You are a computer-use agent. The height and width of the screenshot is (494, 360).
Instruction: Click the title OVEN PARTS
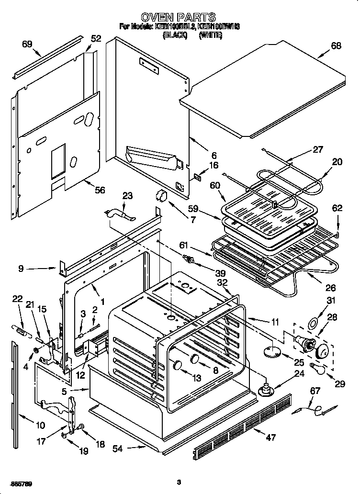click(178, 18)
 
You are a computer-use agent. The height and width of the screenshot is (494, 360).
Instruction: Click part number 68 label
click(336, 46)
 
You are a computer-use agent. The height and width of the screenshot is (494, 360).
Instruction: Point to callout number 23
click(127, 195)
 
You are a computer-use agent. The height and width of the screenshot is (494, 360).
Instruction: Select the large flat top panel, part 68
click(268, 86)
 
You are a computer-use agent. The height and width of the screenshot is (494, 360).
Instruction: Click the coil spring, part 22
click(20, 330)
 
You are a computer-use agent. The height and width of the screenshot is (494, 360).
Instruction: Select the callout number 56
click(99, 190)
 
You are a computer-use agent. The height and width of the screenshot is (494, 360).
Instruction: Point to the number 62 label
click(337, 208)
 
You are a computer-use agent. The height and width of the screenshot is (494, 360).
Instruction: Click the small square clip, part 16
click(196, 177)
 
